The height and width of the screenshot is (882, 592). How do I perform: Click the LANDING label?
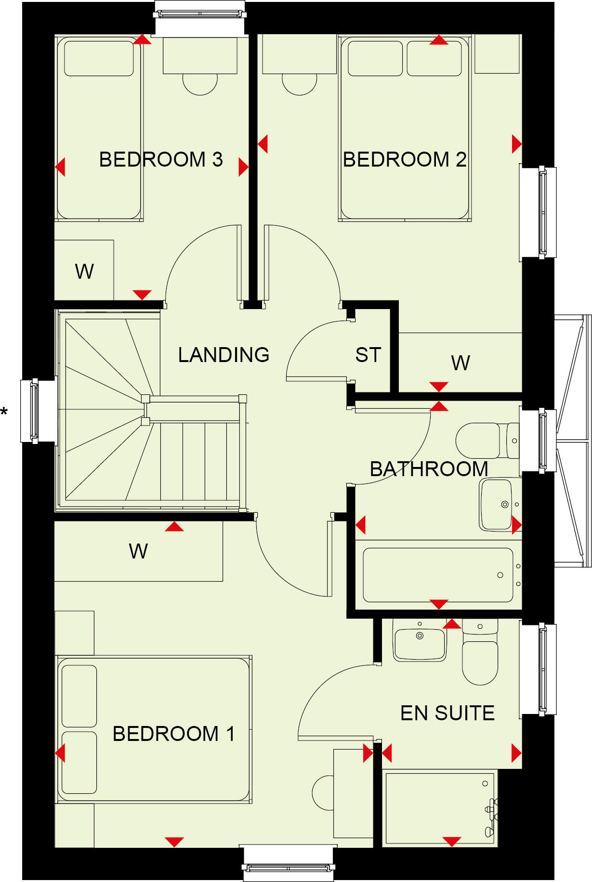[x=224, y=355]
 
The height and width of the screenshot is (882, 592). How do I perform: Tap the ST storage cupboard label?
[x=368, y=355]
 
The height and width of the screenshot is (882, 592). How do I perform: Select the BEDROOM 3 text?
[x=161, y=159]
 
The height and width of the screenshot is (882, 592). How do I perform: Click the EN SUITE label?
[x=447, y=713]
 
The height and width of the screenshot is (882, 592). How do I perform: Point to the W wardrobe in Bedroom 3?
[x=84, y=272]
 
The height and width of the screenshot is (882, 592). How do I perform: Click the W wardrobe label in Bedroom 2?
[x=460, y=363]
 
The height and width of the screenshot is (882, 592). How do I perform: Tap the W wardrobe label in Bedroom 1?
[x=138, y=551]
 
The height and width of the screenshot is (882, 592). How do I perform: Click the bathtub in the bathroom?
[x=437, y=575]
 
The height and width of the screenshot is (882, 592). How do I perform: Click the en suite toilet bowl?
[x=480, y=662]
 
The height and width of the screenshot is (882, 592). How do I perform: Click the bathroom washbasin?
[x=496, y=504]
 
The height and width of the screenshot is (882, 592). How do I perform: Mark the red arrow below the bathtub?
[x=438, y=604]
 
